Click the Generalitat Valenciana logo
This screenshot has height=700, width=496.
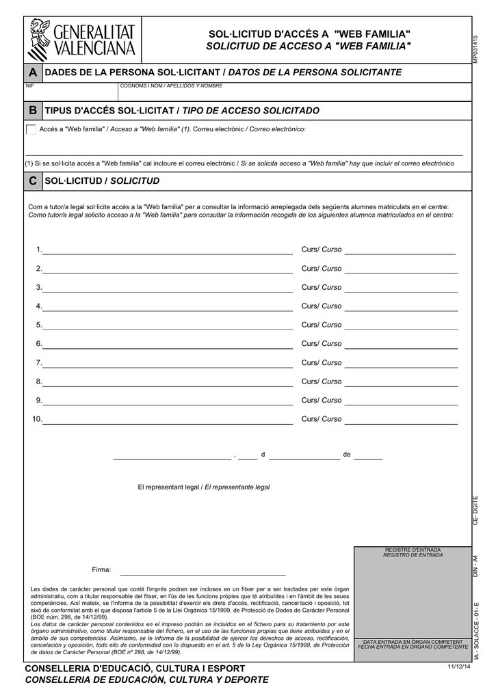point(82,40)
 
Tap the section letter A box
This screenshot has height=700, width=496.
point(32,72)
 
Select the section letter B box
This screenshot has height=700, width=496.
point(32,111)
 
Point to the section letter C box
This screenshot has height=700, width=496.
point(32,181)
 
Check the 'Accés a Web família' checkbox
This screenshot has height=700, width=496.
point(31,129)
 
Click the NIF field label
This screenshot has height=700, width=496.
point(29,86)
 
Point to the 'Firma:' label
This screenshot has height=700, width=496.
point(101,570)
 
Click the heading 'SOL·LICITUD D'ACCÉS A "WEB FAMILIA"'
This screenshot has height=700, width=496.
point(309,34)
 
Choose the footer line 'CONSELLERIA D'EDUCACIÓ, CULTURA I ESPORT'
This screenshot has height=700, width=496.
point(135,668)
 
